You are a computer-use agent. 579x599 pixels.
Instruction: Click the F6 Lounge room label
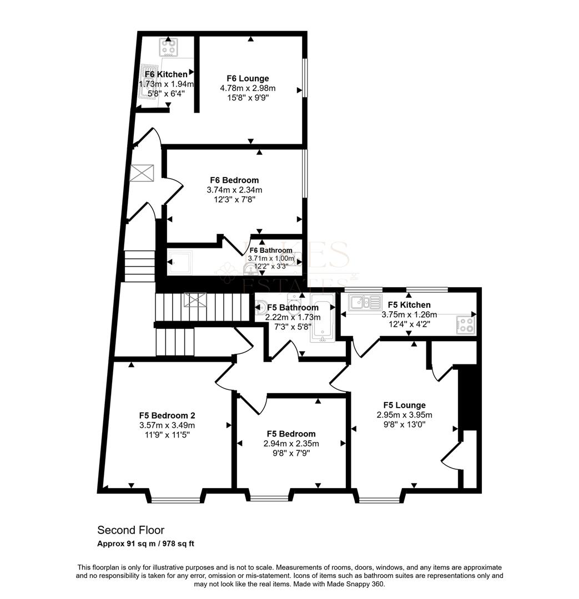248,79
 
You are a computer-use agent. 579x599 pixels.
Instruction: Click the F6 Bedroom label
234,180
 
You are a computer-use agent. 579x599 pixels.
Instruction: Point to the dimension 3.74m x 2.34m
234,190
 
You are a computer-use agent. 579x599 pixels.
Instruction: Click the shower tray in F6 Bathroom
180,262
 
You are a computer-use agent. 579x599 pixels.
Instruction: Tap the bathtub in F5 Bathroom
321,322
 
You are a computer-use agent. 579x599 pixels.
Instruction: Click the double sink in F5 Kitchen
364,303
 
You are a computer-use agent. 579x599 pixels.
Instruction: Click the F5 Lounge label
404,405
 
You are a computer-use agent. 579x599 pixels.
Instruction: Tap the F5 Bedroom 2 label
167,415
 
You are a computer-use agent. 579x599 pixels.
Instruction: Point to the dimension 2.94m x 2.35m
291,444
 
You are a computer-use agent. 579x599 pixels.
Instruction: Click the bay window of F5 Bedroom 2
175,500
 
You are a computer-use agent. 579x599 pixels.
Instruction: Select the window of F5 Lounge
379,500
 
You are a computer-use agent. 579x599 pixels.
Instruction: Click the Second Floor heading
131,530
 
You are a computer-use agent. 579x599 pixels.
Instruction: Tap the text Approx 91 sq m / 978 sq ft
146,544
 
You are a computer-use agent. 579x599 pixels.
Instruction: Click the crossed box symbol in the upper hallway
141,174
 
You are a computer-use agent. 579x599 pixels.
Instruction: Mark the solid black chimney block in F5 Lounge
470,398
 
